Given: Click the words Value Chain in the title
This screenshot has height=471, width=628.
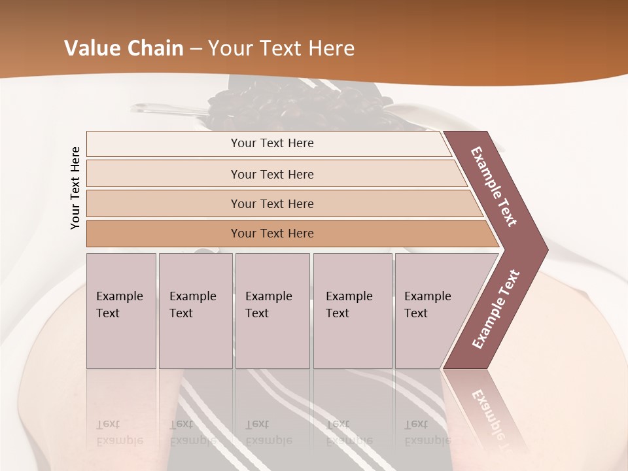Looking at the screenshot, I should click(x=124, y=48).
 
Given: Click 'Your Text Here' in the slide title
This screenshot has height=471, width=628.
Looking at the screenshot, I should click(x=281, y=48).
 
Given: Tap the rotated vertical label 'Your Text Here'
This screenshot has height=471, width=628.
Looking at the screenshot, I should click(x=75, y=188).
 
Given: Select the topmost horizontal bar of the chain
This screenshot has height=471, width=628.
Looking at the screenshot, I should click(x=272, y=143).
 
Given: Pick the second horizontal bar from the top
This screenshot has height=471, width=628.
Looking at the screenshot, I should click(x=272, y=174).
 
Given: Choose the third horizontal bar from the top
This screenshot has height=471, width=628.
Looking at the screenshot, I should click(x=272, y=203).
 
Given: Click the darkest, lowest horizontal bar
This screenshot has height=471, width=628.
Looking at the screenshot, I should click(x=272, y=234).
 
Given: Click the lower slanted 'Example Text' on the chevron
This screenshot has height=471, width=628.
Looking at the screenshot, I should click(x=495, y=309).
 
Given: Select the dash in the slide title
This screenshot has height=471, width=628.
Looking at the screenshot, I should click(x=196, y=48).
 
